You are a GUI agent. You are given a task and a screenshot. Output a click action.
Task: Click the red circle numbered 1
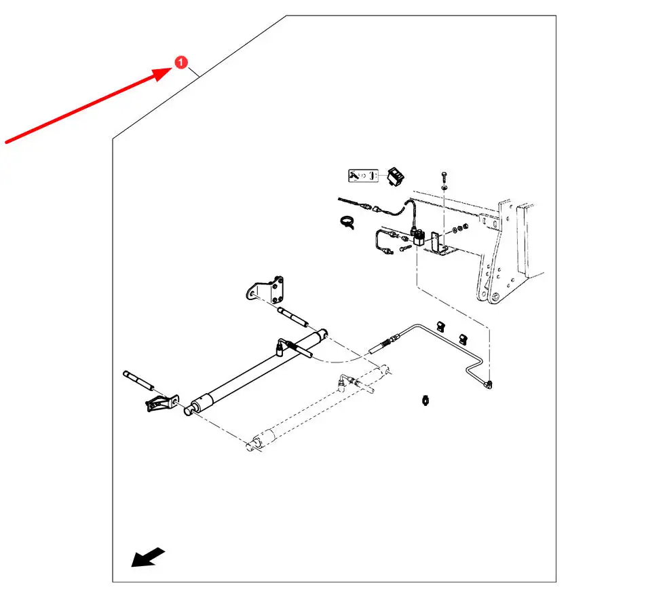click(180, 62)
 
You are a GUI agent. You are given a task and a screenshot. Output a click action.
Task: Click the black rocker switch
click(395, 176)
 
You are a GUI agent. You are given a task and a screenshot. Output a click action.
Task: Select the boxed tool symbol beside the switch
click(362, 176)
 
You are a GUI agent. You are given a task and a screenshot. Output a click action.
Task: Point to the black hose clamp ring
click(345, 221)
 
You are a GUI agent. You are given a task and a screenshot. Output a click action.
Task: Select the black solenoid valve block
click(419, 237)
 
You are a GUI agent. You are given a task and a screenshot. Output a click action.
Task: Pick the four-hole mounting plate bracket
click(266, 290)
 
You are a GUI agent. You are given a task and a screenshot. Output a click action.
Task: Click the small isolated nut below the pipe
click(425, 399)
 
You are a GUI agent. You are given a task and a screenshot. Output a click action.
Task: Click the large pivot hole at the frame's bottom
click(495, 297)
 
